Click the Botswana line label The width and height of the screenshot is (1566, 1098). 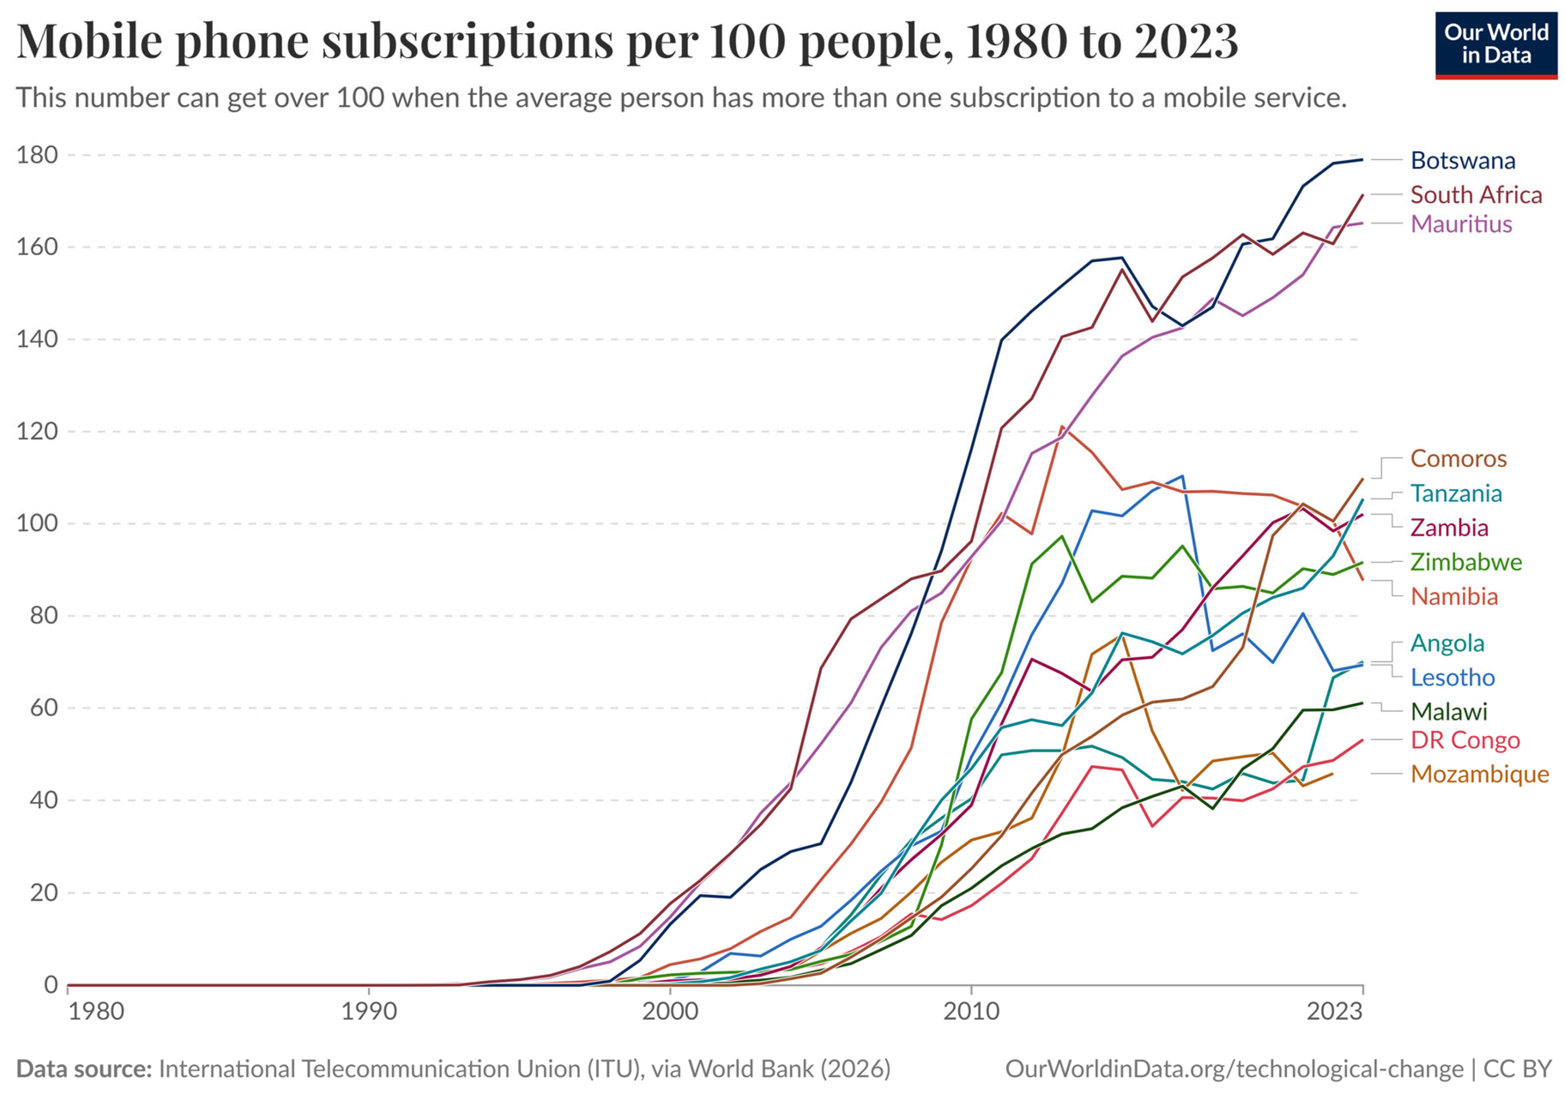click(x=1463, y=160)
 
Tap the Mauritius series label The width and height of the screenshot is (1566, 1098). click(x=1461, y=224)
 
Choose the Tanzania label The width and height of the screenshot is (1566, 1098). click(x=1456, y=493)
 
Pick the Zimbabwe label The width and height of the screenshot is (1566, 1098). click(x=1466, y=562)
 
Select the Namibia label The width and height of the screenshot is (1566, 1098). click(x=1454, y=596)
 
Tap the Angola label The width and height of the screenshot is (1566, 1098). click(x=1447, y=643)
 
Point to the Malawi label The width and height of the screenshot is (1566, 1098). click(x=1449, y=711)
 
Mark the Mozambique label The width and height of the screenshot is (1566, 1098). click(x=1479, y=774)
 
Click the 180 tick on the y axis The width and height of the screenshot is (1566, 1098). click(x=37, y=155)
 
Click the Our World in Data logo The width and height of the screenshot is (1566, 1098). click(x=1496, y=45)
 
